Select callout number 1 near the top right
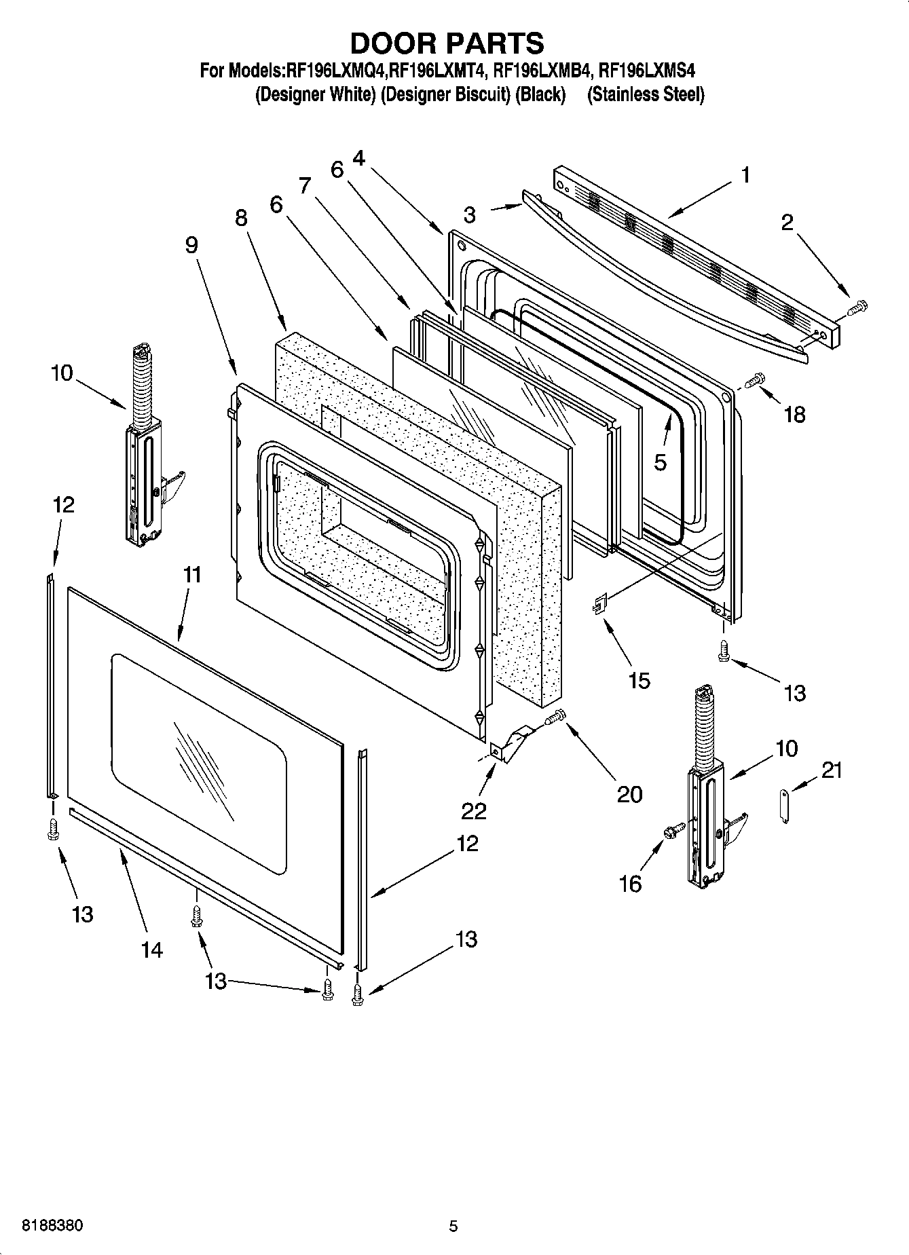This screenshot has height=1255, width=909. pos(745,175)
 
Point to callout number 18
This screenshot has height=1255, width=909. pos(794,414)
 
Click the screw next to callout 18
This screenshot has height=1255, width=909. pos(755,380)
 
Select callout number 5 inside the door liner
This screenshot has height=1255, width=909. pos(660,462)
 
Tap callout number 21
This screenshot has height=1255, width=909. pos(831,770)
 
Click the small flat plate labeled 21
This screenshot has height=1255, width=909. pos(785,805)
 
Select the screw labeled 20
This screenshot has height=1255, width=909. pos(555,717)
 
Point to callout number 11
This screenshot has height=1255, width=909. pos(192,575)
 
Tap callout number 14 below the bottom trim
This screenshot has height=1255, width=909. pos(151,950)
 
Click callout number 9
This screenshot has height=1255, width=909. pos(191,244)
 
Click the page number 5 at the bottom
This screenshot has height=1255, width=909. pos(453,1226)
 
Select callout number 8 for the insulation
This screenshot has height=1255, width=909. pos(241,217)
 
